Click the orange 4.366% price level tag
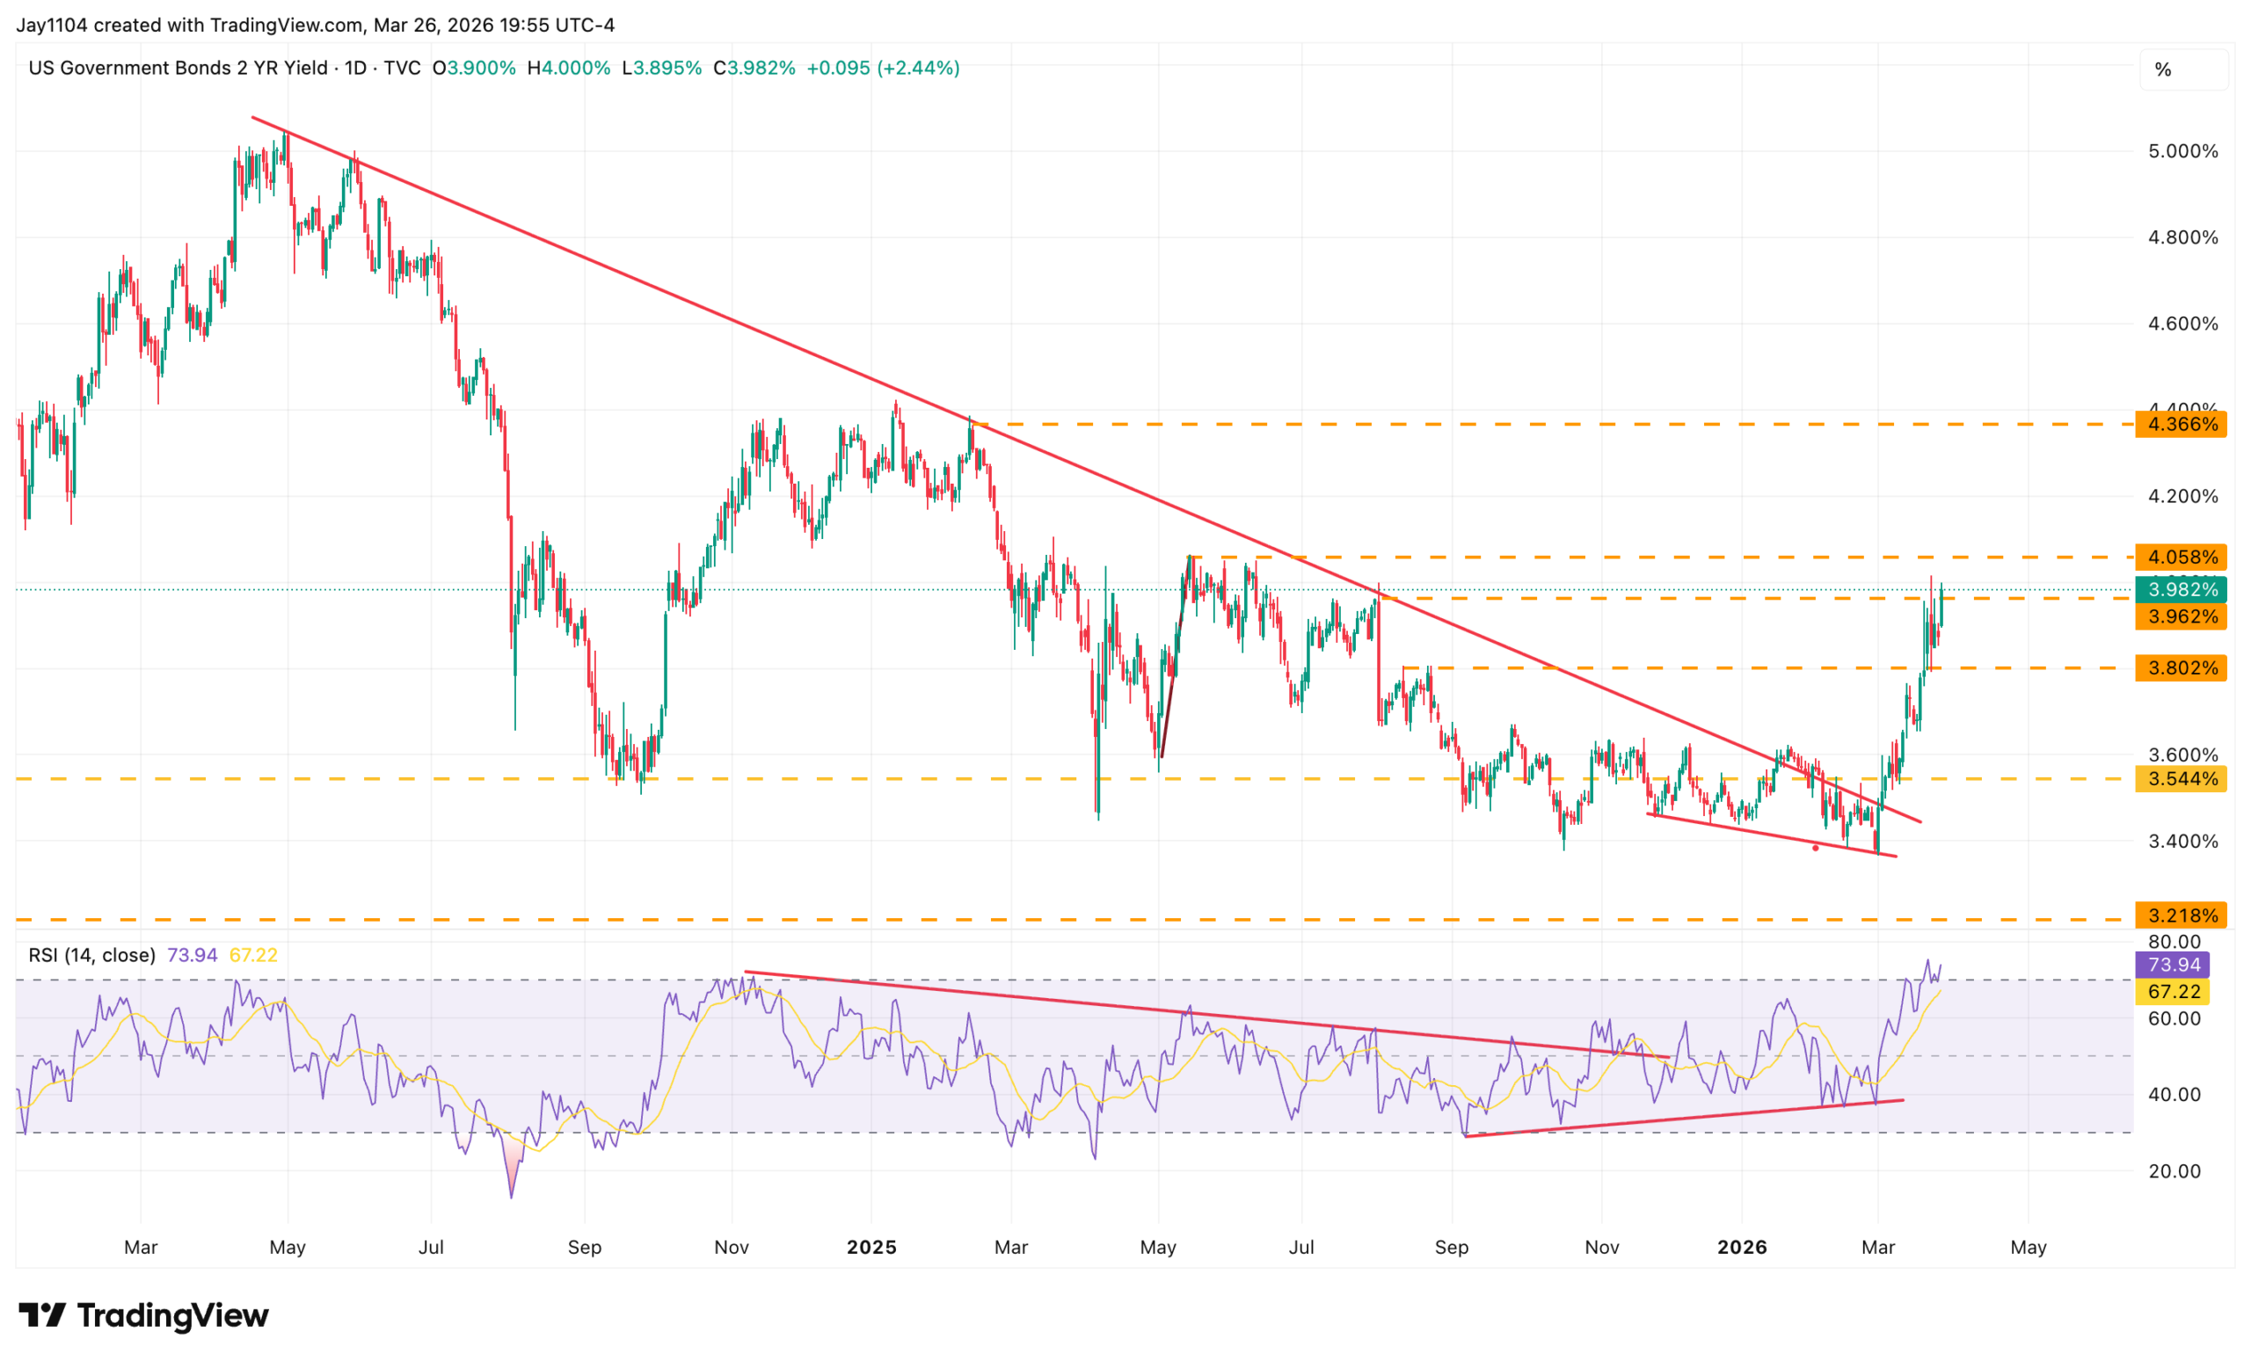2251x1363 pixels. tap(2180, 425)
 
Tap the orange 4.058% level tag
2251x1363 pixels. tap(2180, 558)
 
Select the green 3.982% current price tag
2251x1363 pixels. tap(2180, 589)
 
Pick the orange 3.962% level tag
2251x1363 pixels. tap(2180, 616)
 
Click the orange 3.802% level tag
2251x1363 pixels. tap(2180, 667)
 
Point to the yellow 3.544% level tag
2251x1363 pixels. tap(2180, 779)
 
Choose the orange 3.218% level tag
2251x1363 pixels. tap(2180, 915)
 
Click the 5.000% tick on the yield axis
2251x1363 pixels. tap(2182, 151)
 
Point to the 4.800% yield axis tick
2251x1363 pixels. tap(2182, 237)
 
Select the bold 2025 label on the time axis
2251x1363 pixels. tap(871, 1247)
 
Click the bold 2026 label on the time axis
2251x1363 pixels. tap(1742, 1247)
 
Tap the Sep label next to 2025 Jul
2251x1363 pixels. tap(1451, 1247)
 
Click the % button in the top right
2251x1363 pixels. tap(2163, 70)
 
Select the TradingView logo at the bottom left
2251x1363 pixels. tap(144, 1316)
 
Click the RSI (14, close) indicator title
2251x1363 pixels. tap(91, 956)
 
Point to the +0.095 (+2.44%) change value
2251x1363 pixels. tap(883, 69)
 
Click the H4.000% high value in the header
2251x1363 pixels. tap(568, 69)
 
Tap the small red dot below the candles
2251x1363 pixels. tap(1815, 849)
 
